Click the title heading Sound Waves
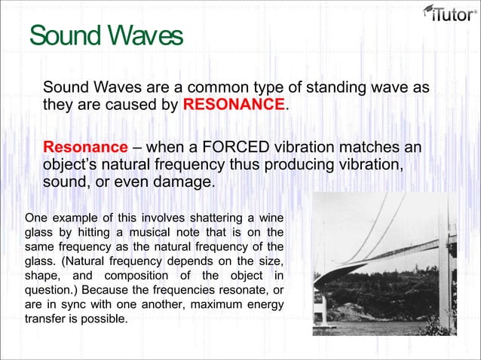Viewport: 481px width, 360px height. coord(106,36)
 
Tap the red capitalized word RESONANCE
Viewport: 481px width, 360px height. coord(234,104)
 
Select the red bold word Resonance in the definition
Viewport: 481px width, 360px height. coord(85,146)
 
